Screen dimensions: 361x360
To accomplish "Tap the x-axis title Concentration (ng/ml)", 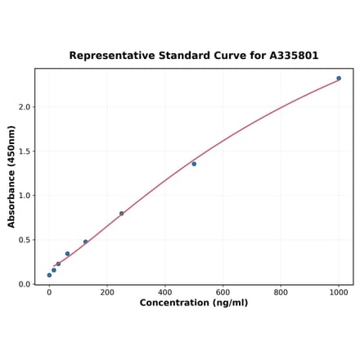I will (193, 303).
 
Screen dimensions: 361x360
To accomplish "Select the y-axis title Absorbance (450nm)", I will (11, 176).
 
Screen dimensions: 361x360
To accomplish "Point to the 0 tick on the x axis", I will (49, 291).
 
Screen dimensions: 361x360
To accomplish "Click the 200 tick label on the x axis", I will (107, 291).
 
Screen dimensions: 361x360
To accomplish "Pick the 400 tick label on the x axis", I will (165, 291).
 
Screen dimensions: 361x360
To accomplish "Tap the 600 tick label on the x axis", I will (223, 291).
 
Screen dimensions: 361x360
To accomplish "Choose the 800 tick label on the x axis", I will (281, 291).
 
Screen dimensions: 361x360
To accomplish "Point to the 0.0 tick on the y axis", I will (24, 284).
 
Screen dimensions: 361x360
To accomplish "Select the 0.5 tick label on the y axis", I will (24, 240).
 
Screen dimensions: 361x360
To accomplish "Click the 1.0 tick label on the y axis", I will (24, 196).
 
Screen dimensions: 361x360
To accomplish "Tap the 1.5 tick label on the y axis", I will (24, 151).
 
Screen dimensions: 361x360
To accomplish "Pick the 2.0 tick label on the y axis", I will (24, 107).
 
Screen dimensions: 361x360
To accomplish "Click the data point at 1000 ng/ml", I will (339, 79).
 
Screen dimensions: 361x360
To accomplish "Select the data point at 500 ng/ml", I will (194, 164).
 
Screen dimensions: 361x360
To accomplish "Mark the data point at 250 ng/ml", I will (122, 214).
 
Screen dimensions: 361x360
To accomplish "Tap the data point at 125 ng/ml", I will (85, 241).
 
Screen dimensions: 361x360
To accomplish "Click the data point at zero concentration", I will (49, 275).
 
